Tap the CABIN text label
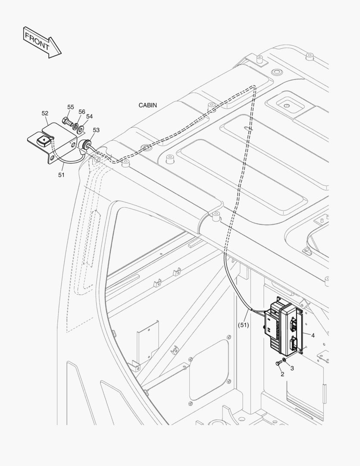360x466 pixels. (x=147, y=105)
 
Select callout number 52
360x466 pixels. (x=45, y=113)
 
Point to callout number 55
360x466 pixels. (x=71, y=107)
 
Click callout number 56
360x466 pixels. (x=81, y=112)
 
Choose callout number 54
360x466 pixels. (x=89, y=116)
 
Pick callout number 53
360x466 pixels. (x=96, y=130)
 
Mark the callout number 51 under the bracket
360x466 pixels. (x=61, y=175)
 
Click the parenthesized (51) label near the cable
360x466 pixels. (x=244, y=325)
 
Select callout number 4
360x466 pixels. (x=313, y=335)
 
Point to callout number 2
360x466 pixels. (x=282, y=374)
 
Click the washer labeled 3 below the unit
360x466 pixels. (x=285, y=359)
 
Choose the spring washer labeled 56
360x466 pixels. (x=75, y=126)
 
